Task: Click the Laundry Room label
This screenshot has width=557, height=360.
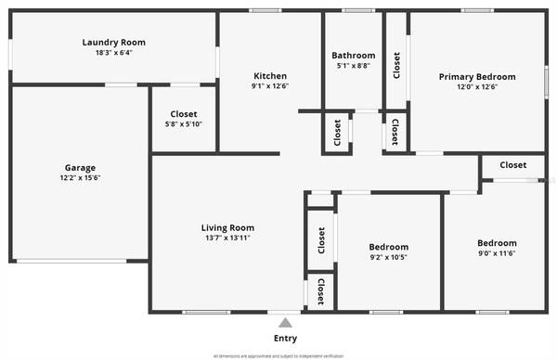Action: click(x=113, y=42)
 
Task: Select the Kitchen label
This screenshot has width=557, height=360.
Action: click(x=270, y=75)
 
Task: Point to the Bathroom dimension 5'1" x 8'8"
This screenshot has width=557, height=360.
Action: click(x=354, y=66)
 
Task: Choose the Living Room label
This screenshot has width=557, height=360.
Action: click(x=227, y=227)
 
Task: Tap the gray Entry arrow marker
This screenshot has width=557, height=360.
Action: click(x=285, y=323)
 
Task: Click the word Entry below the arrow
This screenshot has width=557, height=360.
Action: click(x=286, y=339)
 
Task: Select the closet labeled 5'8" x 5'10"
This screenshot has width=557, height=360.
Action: click(x=184, y=124)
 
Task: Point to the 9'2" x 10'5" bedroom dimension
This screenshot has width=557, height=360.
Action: click(x=388, y=257)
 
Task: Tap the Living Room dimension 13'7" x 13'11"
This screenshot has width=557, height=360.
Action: click(x=227, y=238)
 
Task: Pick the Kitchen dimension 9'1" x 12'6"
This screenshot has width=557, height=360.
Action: click(x=270, y=86)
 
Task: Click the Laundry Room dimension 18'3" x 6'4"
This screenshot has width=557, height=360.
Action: click(x=113, y=53)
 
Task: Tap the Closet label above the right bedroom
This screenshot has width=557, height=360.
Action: click(x=512, y=165)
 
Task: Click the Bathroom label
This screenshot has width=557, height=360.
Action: click(x=354, y=56)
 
